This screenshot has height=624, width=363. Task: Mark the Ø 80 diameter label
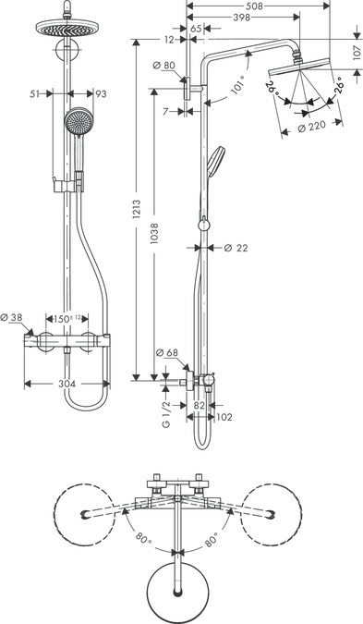click(x=164, y=64)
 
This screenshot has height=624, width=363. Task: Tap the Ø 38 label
click(x=15, y=318)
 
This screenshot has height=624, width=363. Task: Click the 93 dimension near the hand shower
click(x=100, y=92)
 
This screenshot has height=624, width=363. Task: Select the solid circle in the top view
click(x=176, y=585)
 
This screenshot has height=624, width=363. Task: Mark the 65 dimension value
click(x=196, y=30)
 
